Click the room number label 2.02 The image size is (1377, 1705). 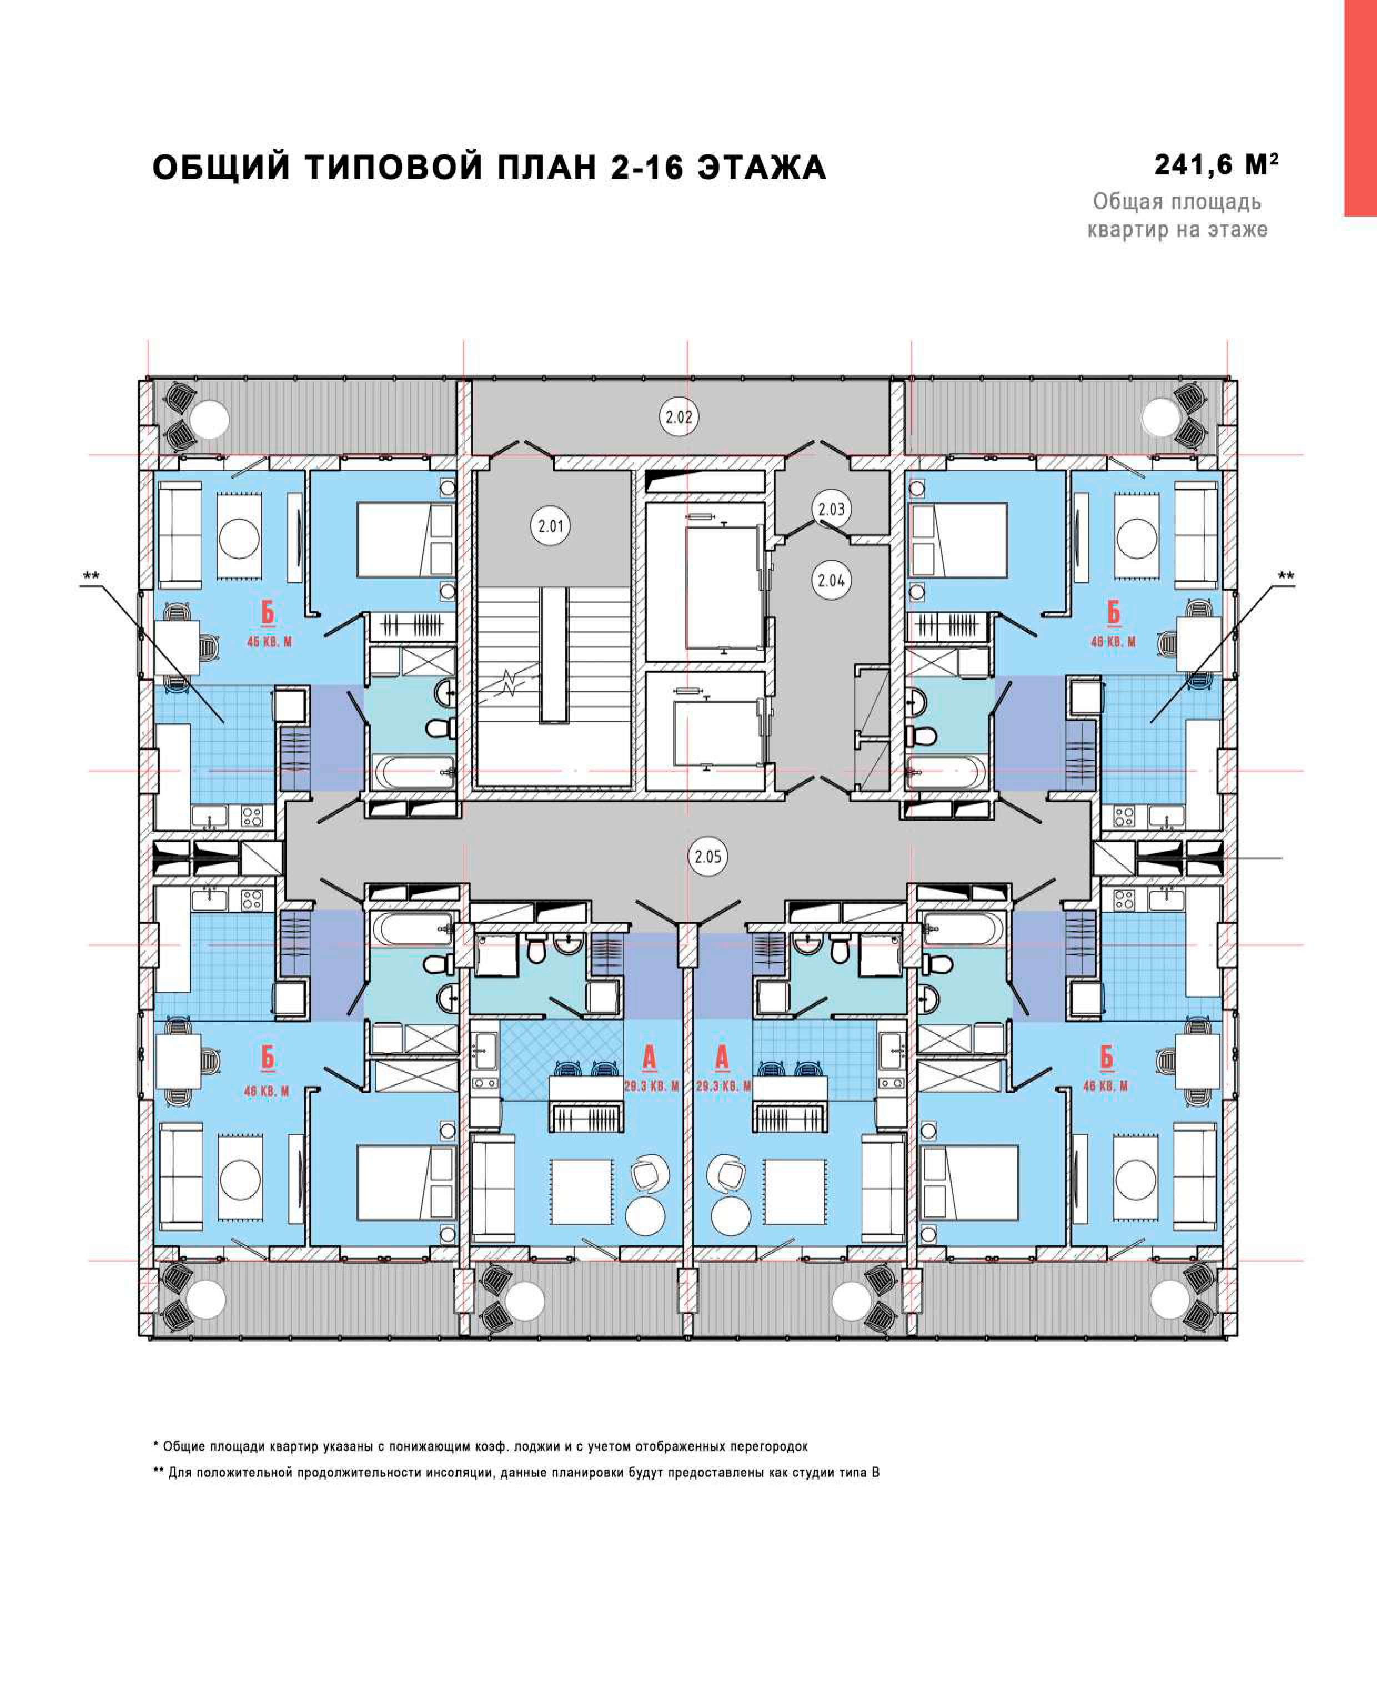click(x=679, y=417)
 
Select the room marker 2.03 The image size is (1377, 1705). click(x=831, y=509)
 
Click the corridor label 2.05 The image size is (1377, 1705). click(x=708, y=857)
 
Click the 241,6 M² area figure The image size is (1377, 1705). click(x=1216, y=165)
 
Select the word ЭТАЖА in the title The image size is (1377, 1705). click(x=762, y=168)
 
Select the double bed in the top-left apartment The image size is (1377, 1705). click(x=405, y=539)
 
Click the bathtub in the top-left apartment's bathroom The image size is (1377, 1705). click(x=413, y=772)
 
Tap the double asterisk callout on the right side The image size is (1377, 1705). click(x=1286, y=576)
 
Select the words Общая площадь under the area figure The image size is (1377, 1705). click(x=1177, y=202)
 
